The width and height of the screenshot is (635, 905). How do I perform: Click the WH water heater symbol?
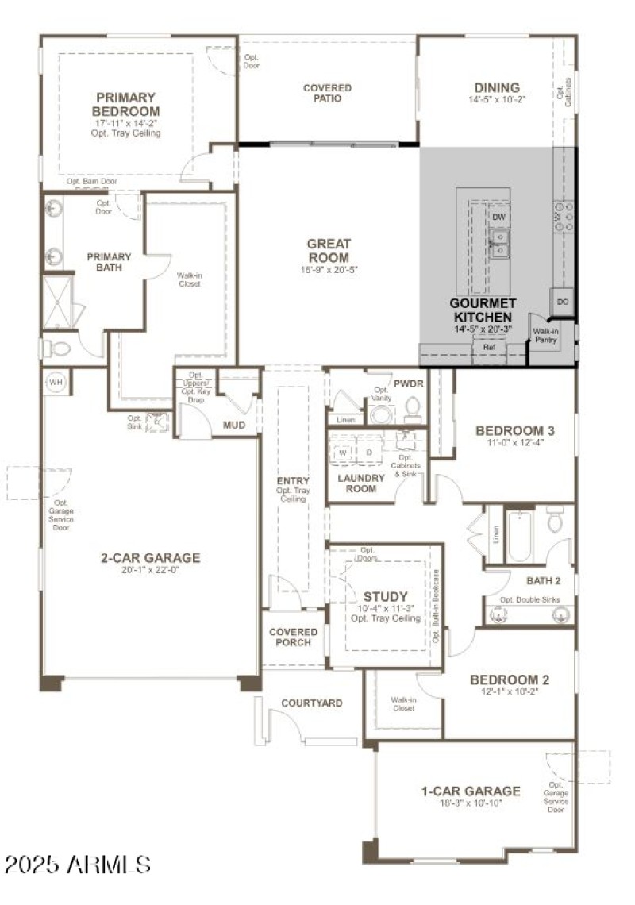[x=56, y=382]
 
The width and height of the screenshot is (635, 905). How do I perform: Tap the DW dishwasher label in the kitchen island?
[x=498, y=218]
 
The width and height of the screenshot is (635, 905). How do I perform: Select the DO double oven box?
[x=563, y=302]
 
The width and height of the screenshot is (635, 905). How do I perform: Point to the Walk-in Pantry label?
[x=545, y=336]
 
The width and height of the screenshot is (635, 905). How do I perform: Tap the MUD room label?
[x=233, y=426]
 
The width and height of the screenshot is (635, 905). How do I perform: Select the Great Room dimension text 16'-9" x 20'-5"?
[x=329, y=269]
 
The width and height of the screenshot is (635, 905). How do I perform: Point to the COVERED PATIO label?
[x=327, y=93]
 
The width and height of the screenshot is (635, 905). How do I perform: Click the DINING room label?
[x=497, y=87]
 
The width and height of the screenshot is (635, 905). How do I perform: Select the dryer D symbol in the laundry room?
[x=368, y=452]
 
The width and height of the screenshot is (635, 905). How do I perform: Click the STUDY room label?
[x=386, y=596]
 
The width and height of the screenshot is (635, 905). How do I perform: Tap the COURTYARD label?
[x=312, y=703]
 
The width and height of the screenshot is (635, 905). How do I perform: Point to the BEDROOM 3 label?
[x=514, y=431]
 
